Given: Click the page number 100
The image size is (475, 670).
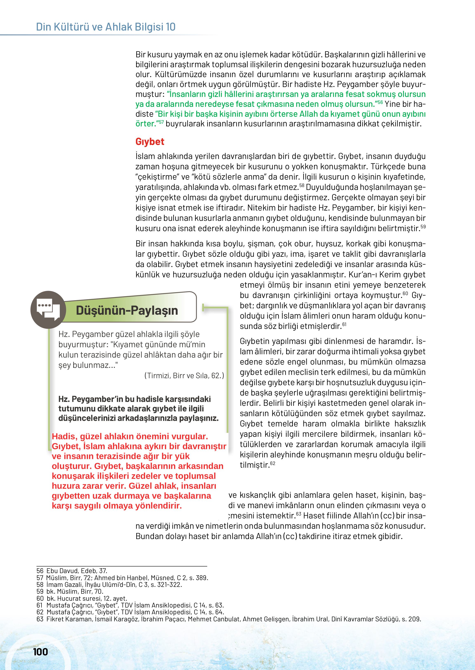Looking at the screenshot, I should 40,652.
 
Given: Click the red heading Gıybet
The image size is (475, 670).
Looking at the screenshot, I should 150,142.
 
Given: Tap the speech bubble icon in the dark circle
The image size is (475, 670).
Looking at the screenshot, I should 48,310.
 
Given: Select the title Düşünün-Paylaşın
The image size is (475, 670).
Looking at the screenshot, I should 127,310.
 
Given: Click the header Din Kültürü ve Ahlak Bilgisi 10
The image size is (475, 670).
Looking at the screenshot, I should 106,27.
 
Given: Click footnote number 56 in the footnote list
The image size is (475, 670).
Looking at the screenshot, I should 40,571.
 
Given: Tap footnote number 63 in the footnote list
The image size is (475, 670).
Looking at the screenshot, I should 40,619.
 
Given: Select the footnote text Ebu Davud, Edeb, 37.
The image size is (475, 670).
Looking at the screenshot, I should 77,571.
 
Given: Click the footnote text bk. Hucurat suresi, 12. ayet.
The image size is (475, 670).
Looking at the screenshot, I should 87,598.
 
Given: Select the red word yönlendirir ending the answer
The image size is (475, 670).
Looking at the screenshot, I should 159,506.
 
